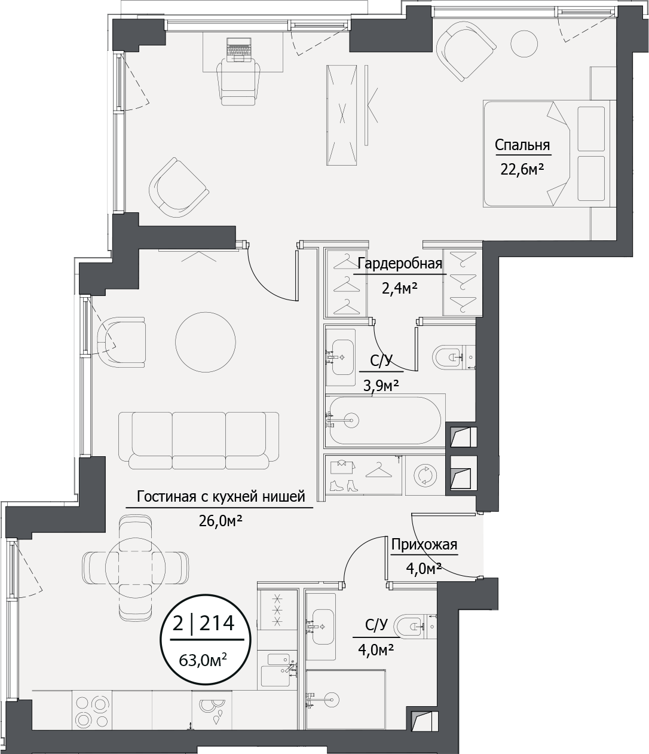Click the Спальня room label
click(522, 145)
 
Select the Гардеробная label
click(400, 263)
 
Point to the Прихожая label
click(424, 545)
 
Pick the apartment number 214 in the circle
click(217, 623)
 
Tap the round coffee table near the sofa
click(205, 342)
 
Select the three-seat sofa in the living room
click(199, 440)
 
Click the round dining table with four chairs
click(135, 567)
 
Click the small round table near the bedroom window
click(524, 43)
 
